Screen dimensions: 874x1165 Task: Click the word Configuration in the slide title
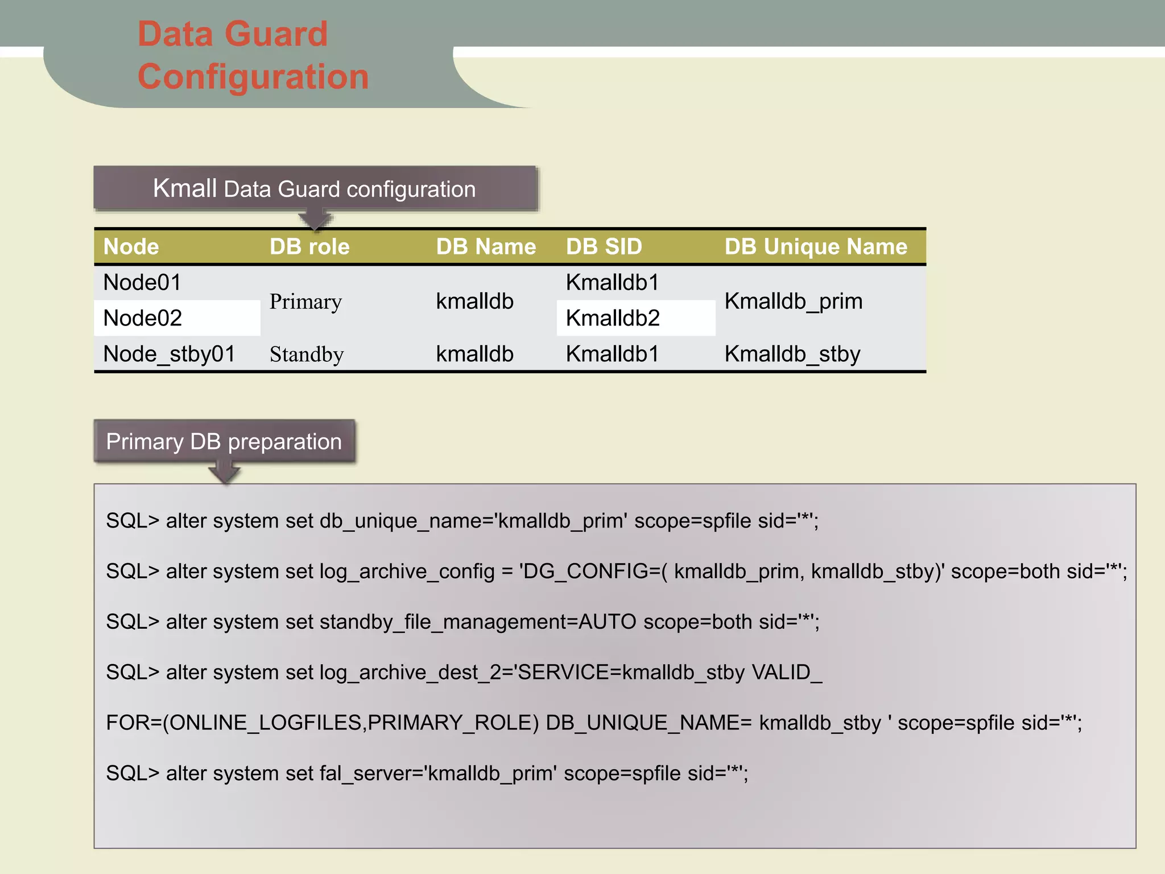[253, 77]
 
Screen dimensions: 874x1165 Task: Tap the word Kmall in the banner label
[185, 188]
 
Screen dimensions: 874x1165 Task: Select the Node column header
[131, 247]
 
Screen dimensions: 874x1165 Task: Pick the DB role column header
[309, 247]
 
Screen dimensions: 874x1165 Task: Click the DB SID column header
[604, 247]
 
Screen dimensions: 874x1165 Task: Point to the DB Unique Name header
[816, 247]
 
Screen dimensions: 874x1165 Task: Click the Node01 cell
[142, 283]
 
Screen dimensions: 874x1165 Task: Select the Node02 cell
[143, 318]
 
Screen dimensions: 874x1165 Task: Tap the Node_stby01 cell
[169, 354]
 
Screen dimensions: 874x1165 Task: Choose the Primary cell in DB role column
[305, 302]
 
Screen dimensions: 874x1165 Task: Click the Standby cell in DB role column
[307, 354]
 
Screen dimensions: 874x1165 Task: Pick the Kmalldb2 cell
[613, 318]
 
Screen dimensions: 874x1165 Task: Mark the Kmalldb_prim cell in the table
[794, 301]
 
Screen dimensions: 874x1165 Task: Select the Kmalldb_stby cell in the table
[792, 354]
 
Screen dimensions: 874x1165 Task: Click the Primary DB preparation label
[224, 442]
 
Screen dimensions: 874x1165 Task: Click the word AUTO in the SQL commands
[607, 622]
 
